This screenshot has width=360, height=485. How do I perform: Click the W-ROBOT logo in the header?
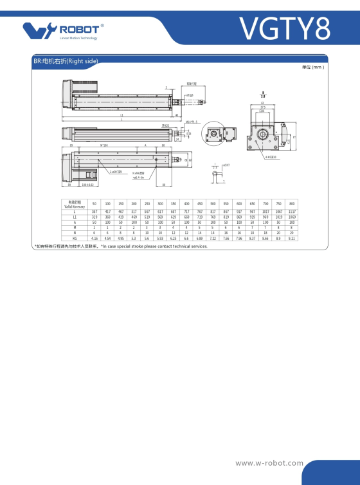[62, 30]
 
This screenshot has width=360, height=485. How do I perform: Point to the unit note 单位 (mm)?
[312, 67]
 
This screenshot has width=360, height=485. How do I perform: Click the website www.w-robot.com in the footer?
[269, 462]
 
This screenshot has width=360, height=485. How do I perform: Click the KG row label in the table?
[75, 238]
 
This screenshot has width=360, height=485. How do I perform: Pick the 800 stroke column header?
[292, 203]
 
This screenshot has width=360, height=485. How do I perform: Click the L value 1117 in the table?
[292, 212]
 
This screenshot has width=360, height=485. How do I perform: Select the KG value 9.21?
[292, 238]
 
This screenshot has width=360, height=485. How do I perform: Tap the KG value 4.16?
[94, 238]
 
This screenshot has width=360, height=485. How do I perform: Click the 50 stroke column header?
[94, 203]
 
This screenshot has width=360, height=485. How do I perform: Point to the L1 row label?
[75, 217]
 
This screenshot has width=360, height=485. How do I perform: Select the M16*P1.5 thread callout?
[192, 120]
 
